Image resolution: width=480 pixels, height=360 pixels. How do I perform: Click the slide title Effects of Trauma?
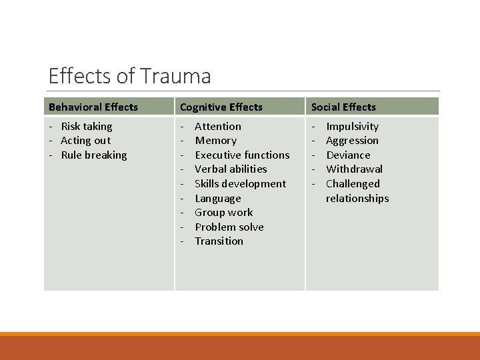coord(130,76)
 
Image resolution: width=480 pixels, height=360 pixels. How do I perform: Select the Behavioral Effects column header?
coord(93,107)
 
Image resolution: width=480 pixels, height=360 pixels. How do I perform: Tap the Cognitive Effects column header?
coord(221,107)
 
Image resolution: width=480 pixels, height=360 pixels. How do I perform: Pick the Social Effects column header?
coord(343,107)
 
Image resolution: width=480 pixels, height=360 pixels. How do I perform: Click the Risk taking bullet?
coord(87,126)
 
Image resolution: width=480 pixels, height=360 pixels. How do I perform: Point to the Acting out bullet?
coord(85,141)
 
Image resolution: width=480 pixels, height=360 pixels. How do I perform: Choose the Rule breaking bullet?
coord(93,155)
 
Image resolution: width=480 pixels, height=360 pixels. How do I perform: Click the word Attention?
coord(218,126)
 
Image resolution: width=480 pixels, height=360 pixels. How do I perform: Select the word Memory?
coord(215,141)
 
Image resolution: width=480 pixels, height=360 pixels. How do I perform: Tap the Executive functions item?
coord(242,155)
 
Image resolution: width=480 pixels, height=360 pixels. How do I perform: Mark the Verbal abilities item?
coord(231,169)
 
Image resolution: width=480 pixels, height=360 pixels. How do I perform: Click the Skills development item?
coord(240,184)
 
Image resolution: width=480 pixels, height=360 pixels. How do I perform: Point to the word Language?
coord(218,199)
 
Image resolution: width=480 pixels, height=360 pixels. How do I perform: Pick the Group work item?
coord(223,213)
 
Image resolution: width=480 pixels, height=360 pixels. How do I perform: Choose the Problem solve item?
coord(229,227)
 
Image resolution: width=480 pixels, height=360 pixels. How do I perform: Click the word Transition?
coord(219,241)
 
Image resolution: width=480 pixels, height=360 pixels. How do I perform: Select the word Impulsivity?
coord(352,126)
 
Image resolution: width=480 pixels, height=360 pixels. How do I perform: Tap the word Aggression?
coord(352,141)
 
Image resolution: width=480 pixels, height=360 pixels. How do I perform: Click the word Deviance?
coord(348,155)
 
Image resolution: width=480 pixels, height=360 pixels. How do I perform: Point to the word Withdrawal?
coord(354,169)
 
